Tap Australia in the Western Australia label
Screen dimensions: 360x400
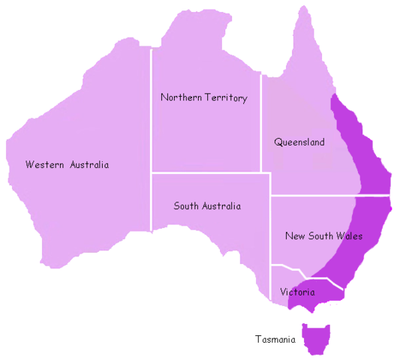[89, 165]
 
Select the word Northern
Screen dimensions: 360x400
[179, 97]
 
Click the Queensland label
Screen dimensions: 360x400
[299, 142]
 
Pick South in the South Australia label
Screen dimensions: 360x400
[186, 205]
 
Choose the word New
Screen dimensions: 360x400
[295, 235]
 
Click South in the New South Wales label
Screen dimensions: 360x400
[321, 235]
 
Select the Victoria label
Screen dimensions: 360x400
[297, 292]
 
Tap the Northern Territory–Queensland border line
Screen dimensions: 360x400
[260, 120]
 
